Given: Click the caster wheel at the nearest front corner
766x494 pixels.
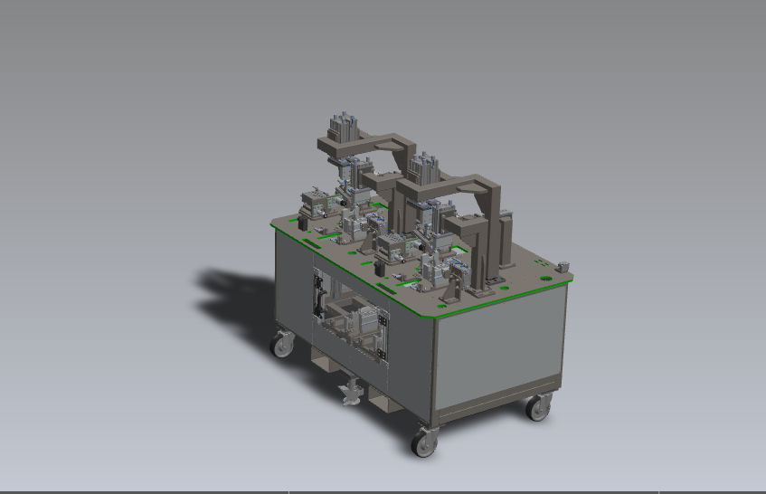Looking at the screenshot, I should point(423,442).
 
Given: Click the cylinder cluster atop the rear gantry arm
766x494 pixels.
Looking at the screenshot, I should point(344,127).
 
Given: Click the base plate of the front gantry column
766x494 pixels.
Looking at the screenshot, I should point(479,290).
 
